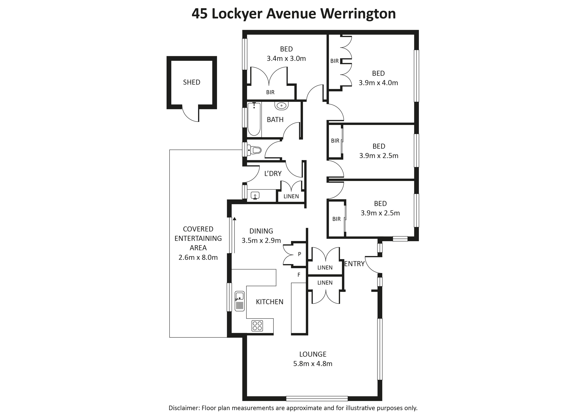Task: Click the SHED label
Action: coord(192,82)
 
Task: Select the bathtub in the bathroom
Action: coord(254,119)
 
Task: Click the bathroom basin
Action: coord(282,105)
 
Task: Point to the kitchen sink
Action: coord(240,301)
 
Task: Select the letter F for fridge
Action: coord(299,275)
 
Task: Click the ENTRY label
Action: coord(354,264)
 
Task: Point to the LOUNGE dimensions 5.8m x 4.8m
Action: coord(313,364)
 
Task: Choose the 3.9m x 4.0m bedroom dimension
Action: coord(378,83)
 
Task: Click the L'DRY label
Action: coord(273,174)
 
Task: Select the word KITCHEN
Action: coord(270,302)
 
